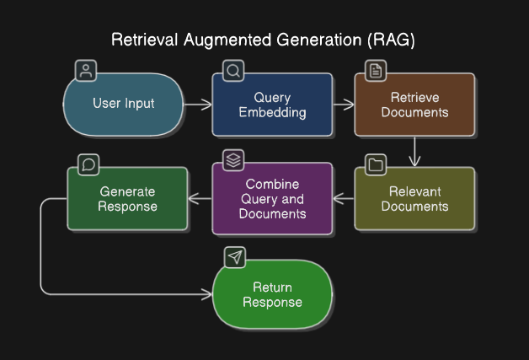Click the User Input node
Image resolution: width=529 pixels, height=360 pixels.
(124, 105)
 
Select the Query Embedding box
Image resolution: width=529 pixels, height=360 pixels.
(272, 105)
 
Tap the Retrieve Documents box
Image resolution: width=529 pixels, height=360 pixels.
(414, 105)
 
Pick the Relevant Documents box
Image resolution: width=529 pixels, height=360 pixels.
(414, 199)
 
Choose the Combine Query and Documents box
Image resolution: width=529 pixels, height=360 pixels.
(272, 199)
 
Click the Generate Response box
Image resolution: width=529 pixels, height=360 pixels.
(127, 199)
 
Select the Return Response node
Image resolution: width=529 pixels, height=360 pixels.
(272, 294)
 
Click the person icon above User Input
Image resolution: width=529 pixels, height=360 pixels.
(86, 71)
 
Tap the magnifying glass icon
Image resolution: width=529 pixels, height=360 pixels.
(233, 71)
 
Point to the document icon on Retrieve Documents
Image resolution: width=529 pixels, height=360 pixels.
(376, 71)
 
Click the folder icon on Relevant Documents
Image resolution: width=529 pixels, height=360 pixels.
(376, 164)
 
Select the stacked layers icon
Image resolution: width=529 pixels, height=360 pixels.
(233, 160)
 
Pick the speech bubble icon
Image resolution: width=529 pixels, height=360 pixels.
(88, 164)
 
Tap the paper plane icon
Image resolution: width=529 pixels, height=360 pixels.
(235, 257)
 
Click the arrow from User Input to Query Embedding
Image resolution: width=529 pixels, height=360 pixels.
(198, 105)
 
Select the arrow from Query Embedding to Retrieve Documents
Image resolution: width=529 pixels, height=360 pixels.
(344, 105)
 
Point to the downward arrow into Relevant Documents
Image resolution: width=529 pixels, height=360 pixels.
(414, 151)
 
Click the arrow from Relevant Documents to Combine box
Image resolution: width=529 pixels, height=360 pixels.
(344, 199)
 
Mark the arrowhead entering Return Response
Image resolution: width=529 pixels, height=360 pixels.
(207, 294)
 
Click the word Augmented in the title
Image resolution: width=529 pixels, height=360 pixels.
(227, 40)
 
